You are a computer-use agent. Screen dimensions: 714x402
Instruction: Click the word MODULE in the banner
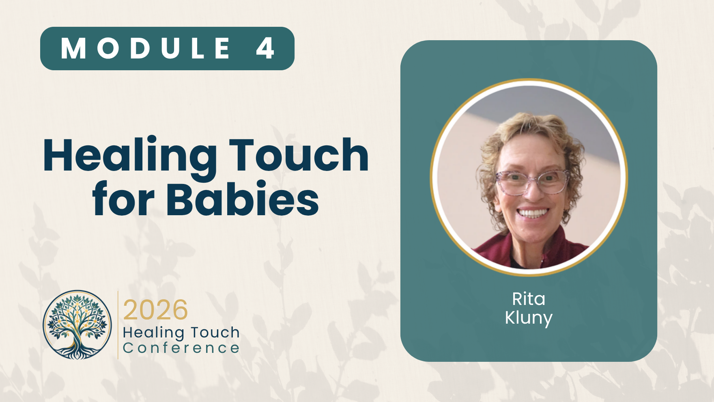pyautogui.click(x=146, y=48)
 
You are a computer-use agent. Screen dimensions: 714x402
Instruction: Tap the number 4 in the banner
pyautogui.click(x=266, y=48)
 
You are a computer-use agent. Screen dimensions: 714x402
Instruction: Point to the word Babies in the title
pyautogui.click(x=243, y=198)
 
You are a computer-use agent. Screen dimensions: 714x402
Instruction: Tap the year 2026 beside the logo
pyautogui.click(x=155, y=310)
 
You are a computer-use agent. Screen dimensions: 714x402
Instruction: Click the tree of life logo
pyautogui.click(x=77, y=324)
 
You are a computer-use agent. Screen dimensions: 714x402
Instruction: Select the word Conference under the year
pyautogui.click(x=181, y=348)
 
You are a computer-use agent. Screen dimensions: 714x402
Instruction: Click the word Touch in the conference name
pyautogui.click(x=215, y=333)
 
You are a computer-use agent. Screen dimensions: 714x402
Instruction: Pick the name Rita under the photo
pyautogui.click(x=529, y=299)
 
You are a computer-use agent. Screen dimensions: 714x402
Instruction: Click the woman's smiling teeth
pyautogui.click(x=533, y=212)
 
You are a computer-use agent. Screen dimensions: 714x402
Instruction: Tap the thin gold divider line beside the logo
pyautogui.click(x=118, y=325)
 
